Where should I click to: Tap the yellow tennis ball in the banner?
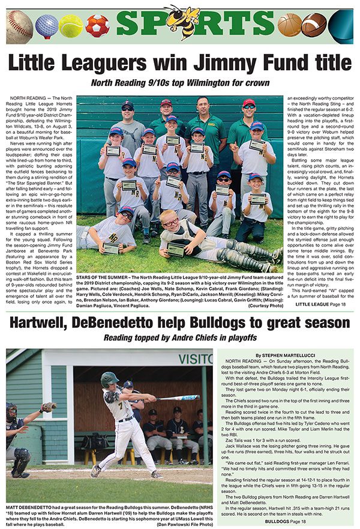[x=71, y=26]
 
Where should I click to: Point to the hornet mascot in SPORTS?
[x=182, y=22]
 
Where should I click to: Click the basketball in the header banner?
[x=290, y=26]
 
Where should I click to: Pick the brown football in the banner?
[x=314, y=26]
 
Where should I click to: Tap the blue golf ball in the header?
[x=46, y=26]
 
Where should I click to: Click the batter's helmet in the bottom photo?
[x=109, y=379]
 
